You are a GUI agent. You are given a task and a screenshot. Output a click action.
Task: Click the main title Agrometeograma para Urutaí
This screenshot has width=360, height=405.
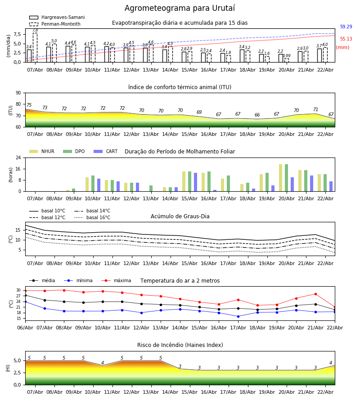point(180,9)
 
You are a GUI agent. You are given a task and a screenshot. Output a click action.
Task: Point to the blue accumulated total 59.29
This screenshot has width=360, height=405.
point(346,27)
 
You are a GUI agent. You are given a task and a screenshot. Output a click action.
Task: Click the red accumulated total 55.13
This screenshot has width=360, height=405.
point(346,39)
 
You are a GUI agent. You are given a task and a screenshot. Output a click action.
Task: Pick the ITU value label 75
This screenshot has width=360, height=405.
point(29,105)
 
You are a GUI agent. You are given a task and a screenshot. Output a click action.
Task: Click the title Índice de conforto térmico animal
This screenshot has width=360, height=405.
point(180,87)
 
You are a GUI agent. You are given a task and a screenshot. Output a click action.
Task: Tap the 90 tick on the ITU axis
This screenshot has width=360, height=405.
point(18,93)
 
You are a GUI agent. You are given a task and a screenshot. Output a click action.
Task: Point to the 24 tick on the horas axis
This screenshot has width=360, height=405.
point(18,158)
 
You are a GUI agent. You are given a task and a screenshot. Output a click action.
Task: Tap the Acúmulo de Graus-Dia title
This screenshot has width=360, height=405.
point(180,216)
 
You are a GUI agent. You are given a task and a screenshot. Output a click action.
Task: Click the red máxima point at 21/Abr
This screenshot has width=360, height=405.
point(315,294)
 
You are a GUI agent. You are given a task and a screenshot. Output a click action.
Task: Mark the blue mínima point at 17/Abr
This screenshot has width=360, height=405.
point(238,316)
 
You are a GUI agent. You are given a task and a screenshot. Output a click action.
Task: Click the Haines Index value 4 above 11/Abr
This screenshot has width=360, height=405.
point(103,363)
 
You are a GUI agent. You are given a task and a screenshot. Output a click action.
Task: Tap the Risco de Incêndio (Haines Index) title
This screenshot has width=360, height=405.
point(180,345)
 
